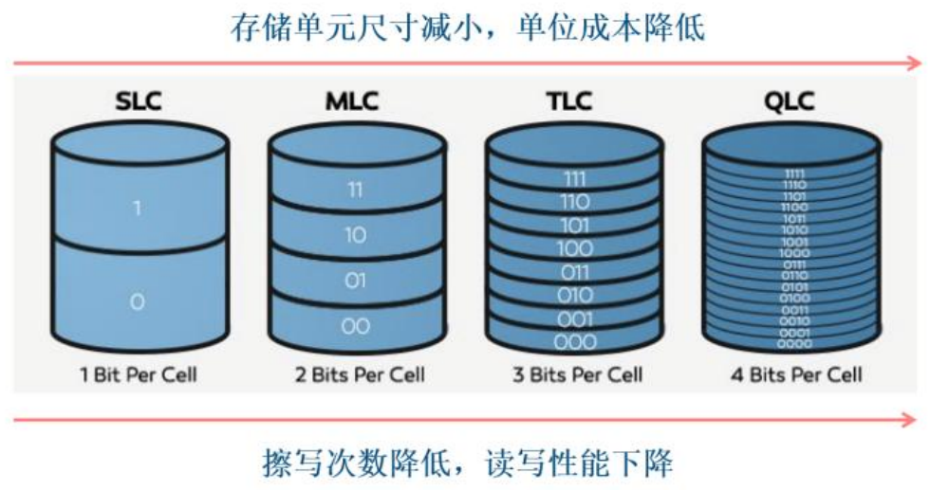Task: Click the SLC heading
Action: click(139, 101)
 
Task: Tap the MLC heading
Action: click(356, 101)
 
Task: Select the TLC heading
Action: click(574, 101)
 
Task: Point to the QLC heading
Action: click(791, 101)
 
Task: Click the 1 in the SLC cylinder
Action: click(138, 207)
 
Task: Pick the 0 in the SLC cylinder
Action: click(138, 301)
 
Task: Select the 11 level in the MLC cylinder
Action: click(356, 190)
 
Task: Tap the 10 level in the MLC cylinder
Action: click(356, 235)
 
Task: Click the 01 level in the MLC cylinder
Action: click(356, 281)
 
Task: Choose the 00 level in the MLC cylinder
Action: click(356, 326)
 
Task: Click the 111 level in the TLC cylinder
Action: click(575, 179)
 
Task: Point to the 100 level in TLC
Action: click(575, 249)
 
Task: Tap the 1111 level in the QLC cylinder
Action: click(794, 173)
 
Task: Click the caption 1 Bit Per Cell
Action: click(139, 374)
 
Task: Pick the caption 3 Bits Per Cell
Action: click(577, 374)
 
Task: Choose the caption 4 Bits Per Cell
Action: click(796, 374)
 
